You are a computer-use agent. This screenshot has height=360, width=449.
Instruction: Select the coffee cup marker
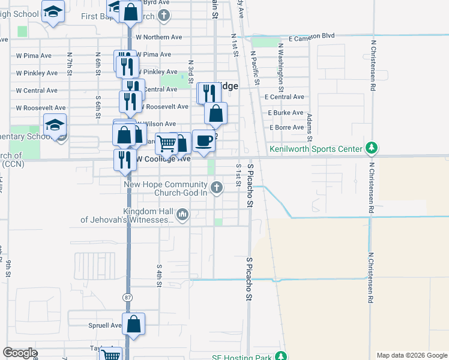(204, 140)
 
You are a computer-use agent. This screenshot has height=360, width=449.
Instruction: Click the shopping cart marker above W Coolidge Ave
(166, 143)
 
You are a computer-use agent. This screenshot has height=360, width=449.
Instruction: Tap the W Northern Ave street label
(158, 37)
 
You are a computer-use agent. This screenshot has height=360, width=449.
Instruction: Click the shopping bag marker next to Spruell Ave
(134, 324)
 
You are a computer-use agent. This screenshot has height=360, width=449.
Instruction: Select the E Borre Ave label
(286, 127)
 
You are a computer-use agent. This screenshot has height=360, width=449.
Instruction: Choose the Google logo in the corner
(20, 353)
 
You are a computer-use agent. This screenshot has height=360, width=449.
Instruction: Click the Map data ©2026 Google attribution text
(411, 355)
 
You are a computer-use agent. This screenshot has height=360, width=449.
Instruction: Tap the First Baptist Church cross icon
(163, 16)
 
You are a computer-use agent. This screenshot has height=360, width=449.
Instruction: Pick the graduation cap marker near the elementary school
(55, 125)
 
